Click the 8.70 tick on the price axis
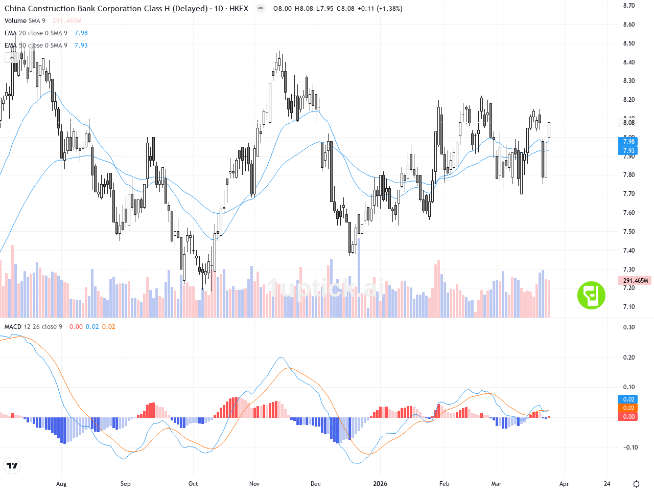[628, 6]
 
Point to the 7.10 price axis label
[628, 307]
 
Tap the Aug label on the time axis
[61, 484]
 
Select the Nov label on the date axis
[254, 484]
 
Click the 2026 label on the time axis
[380, 484]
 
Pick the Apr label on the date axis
[564, 484]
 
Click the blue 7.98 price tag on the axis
[628, 142]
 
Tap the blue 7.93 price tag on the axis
[628, 151]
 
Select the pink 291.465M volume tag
[635, 281]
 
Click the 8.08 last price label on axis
[628, 123]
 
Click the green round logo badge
[591, 295]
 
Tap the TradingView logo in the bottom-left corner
[12, 465]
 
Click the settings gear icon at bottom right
[636, 484]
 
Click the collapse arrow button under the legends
[12, 58]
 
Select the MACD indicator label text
[13, 327]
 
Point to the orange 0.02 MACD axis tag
[628, 408]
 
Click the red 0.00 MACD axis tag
[628, 417]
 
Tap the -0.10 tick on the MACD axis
[628, 448]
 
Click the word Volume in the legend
[15, 21]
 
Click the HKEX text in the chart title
[239, 9]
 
